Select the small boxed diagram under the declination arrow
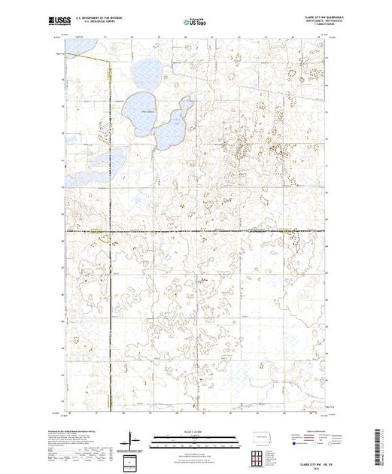point(132,460)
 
